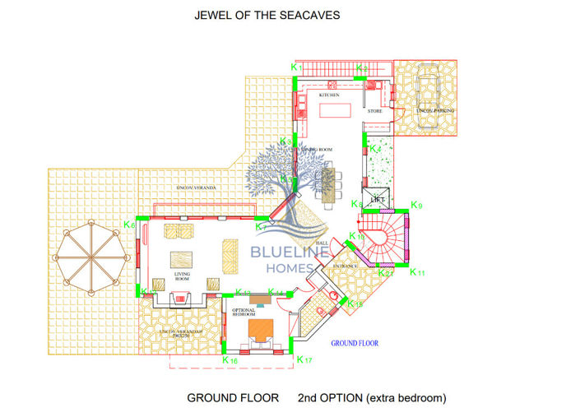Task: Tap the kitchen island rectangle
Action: pyautogui.click(x=337, y=109)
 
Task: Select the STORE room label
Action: pyautogui.click(x=374, y=110)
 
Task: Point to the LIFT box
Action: pyautogui.click(x=378, y=199)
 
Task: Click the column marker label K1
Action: pyautogui.click(x=298, y=66)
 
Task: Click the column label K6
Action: pyautogui.click(x=129, y=225)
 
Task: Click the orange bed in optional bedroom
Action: pyautogui.click(x=261, y=329)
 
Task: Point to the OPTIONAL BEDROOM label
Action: pyautogui.click(x=243, y=312)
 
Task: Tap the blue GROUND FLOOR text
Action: pyautogui.click(x=355, y=343)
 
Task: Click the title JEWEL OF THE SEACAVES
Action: pyautogui.click(x=267, y=15)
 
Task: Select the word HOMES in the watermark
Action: pyautogui.click(x=290, y=267)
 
